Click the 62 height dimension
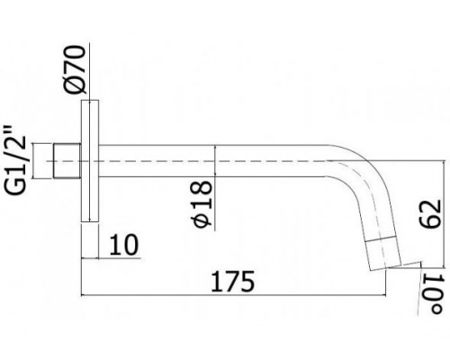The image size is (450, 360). click(429, 213)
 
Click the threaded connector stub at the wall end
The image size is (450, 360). click(68, 166)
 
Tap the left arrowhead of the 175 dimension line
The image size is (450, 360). click(85, 293)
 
